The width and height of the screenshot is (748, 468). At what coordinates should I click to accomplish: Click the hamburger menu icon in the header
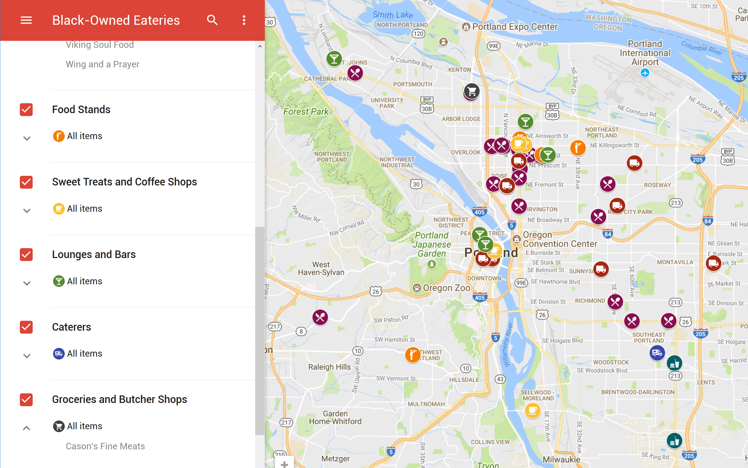tap(26, 20)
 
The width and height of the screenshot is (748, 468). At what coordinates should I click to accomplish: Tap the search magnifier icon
tap(212, 20)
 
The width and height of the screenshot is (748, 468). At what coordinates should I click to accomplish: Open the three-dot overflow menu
tap(244, 20)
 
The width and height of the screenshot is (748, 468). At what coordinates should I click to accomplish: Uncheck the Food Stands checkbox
tap(26, 110)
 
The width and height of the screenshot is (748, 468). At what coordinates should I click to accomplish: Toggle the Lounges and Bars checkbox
tap(26, 255)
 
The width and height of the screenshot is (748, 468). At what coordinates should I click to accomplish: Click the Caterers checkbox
tap(26, 327)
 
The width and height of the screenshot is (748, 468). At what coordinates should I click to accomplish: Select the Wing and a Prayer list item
tap(102, 64)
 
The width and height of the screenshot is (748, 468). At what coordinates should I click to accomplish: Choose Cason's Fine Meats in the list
tap(105, 446)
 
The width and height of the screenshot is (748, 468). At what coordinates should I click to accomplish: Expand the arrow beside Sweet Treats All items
tap(27, 211)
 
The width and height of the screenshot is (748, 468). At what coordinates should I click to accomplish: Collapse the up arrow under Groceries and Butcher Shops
tap(27, 428)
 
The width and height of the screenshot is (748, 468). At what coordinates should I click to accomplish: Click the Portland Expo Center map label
tap(514, 27)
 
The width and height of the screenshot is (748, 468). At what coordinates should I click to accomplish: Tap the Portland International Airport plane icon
tap(645, 73)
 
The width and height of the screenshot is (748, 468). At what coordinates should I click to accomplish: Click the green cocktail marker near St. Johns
tap(334, 59)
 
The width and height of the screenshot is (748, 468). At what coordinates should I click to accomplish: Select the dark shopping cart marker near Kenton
tap(472, 91)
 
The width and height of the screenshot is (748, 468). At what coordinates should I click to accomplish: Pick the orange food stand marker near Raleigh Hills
tap(413, 355)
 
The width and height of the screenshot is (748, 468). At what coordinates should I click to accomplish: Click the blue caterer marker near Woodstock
tap(657, 353)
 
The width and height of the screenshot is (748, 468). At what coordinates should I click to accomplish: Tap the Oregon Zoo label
tap(446, 288)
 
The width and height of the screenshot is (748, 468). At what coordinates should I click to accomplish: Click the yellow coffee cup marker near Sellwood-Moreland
tap(532, 411)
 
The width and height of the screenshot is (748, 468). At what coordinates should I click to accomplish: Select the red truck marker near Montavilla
tap(713, 263)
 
